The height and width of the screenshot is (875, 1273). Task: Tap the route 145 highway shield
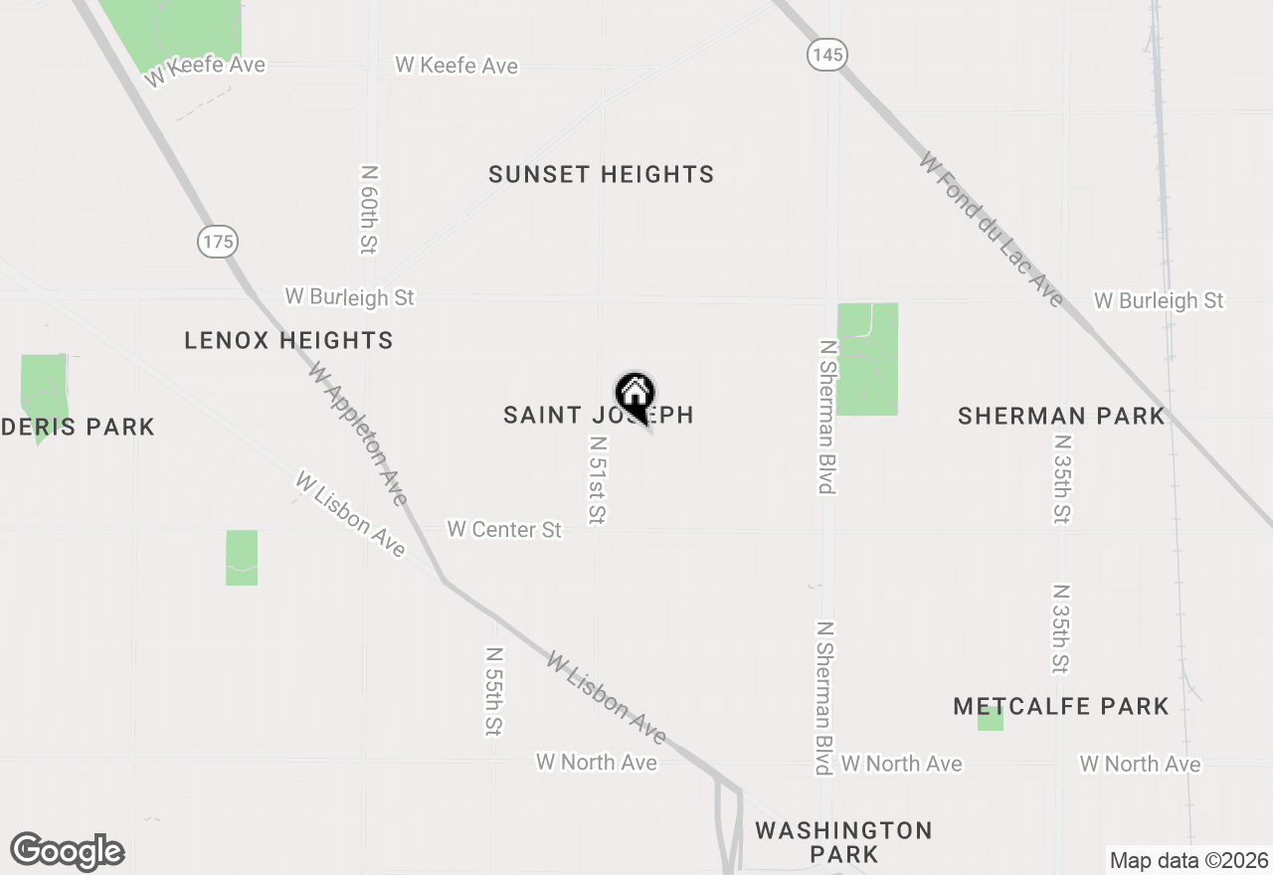click(x=826, y=55)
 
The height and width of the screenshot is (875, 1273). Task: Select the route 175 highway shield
click(x=218, y=241)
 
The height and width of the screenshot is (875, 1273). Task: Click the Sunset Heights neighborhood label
click(x=601, y=175)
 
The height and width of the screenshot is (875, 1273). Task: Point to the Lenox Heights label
click(x=288, y=341)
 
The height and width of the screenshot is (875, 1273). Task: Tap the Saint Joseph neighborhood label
click(x=598, y=416)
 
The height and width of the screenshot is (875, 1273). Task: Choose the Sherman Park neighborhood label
click(x=1060, y=417)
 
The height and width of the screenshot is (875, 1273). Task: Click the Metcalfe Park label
click(x=1060, y=707)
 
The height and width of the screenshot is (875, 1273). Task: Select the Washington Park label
click(x=843, y=841)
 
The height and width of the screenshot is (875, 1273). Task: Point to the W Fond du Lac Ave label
click(x=991, y=230)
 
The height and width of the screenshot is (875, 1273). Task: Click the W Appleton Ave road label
click(x=358, y=435)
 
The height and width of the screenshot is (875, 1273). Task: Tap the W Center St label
click(x=504, y=530)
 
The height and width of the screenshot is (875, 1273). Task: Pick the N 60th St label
click(x=370, y=209)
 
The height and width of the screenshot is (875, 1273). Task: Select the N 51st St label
click(x=598, y=480)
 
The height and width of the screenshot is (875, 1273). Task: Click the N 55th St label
click(x=493, y=692)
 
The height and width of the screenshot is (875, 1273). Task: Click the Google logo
click(x=67, y=852)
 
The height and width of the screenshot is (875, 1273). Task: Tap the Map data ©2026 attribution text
click(x=1187, y=860)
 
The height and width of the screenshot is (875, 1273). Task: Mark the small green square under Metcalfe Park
click(x=990, y=720)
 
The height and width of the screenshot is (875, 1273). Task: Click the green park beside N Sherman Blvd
click(x=867, y=359)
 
